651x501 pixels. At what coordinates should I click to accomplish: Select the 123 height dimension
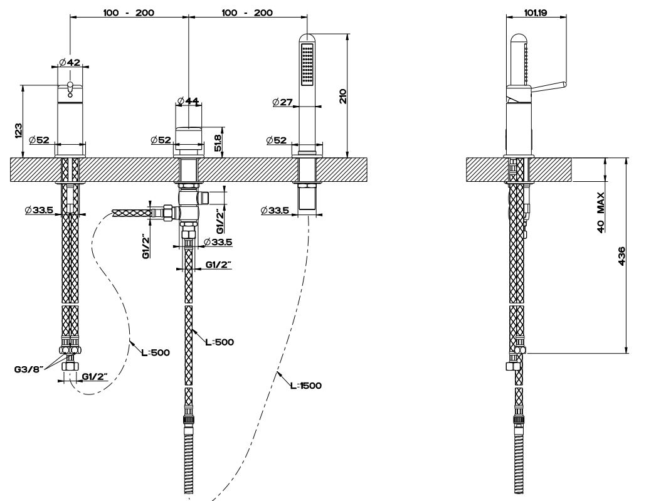[19, 130]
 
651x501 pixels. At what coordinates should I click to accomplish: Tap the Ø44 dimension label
[188, 101]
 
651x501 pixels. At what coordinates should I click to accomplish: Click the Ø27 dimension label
[283, 102]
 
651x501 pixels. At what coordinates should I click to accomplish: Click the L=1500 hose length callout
[305, 386]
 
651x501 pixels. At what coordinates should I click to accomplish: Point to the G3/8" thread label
[28, 369]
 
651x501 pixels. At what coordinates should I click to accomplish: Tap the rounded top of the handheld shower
[307, 38]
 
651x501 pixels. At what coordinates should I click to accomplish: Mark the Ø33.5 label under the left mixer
[39, 210]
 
